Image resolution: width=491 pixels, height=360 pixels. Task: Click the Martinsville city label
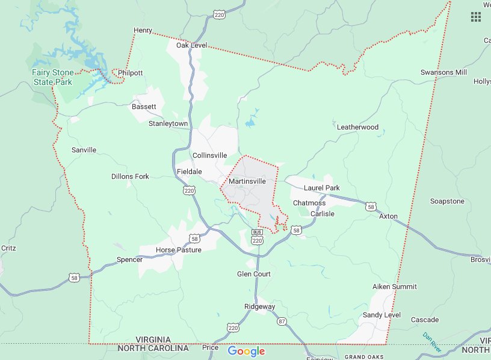coord(247,181)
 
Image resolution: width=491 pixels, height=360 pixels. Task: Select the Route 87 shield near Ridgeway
coord(282,322)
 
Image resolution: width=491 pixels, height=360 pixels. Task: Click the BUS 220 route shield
coord(258,237)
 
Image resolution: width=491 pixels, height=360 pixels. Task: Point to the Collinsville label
coord(210,155)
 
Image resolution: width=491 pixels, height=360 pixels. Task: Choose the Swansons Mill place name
coord(443,72)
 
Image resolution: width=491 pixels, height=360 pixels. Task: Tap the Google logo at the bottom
coord(246,352)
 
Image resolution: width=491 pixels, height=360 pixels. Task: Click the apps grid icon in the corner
coord(475,17)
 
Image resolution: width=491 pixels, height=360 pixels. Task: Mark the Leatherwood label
coord(357,127)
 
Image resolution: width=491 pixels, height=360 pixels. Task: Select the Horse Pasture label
coord(179,250)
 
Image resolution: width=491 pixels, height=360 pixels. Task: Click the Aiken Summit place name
coord(395,287)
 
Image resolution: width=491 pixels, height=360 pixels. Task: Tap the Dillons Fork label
coord(130,176)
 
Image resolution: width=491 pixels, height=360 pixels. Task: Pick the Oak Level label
coord(191,46)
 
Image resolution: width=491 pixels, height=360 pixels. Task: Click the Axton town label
coord(388,216)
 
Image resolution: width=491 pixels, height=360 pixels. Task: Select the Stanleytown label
coord(168,123)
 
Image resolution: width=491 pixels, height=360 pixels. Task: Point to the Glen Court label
coord(254,274)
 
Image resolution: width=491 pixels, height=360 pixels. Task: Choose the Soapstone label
coord(447,201)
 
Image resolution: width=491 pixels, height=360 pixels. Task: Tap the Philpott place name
coord(131,73)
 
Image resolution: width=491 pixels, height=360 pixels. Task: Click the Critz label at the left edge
coord(8,247)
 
